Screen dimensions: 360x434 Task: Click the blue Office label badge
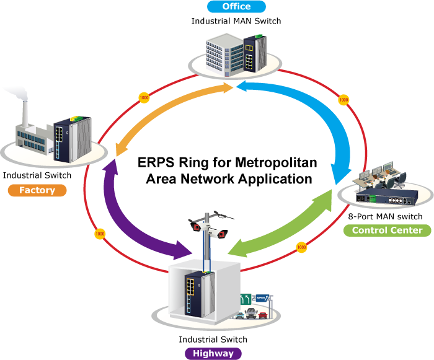[236, 7]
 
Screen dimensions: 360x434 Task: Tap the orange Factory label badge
[37, 190]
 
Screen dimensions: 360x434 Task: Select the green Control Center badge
[387, 230]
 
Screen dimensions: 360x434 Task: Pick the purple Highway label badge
[213, 353]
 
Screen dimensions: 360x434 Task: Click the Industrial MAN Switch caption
[236, 21]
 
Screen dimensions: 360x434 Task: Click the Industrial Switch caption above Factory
[37, 175]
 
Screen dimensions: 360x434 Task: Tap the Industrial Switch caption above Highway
[213, 340]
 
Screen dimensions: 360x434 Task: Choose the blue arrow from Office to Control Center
[310, 118]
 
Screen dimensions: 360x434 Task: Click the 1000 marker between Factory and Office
[144, 97]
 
